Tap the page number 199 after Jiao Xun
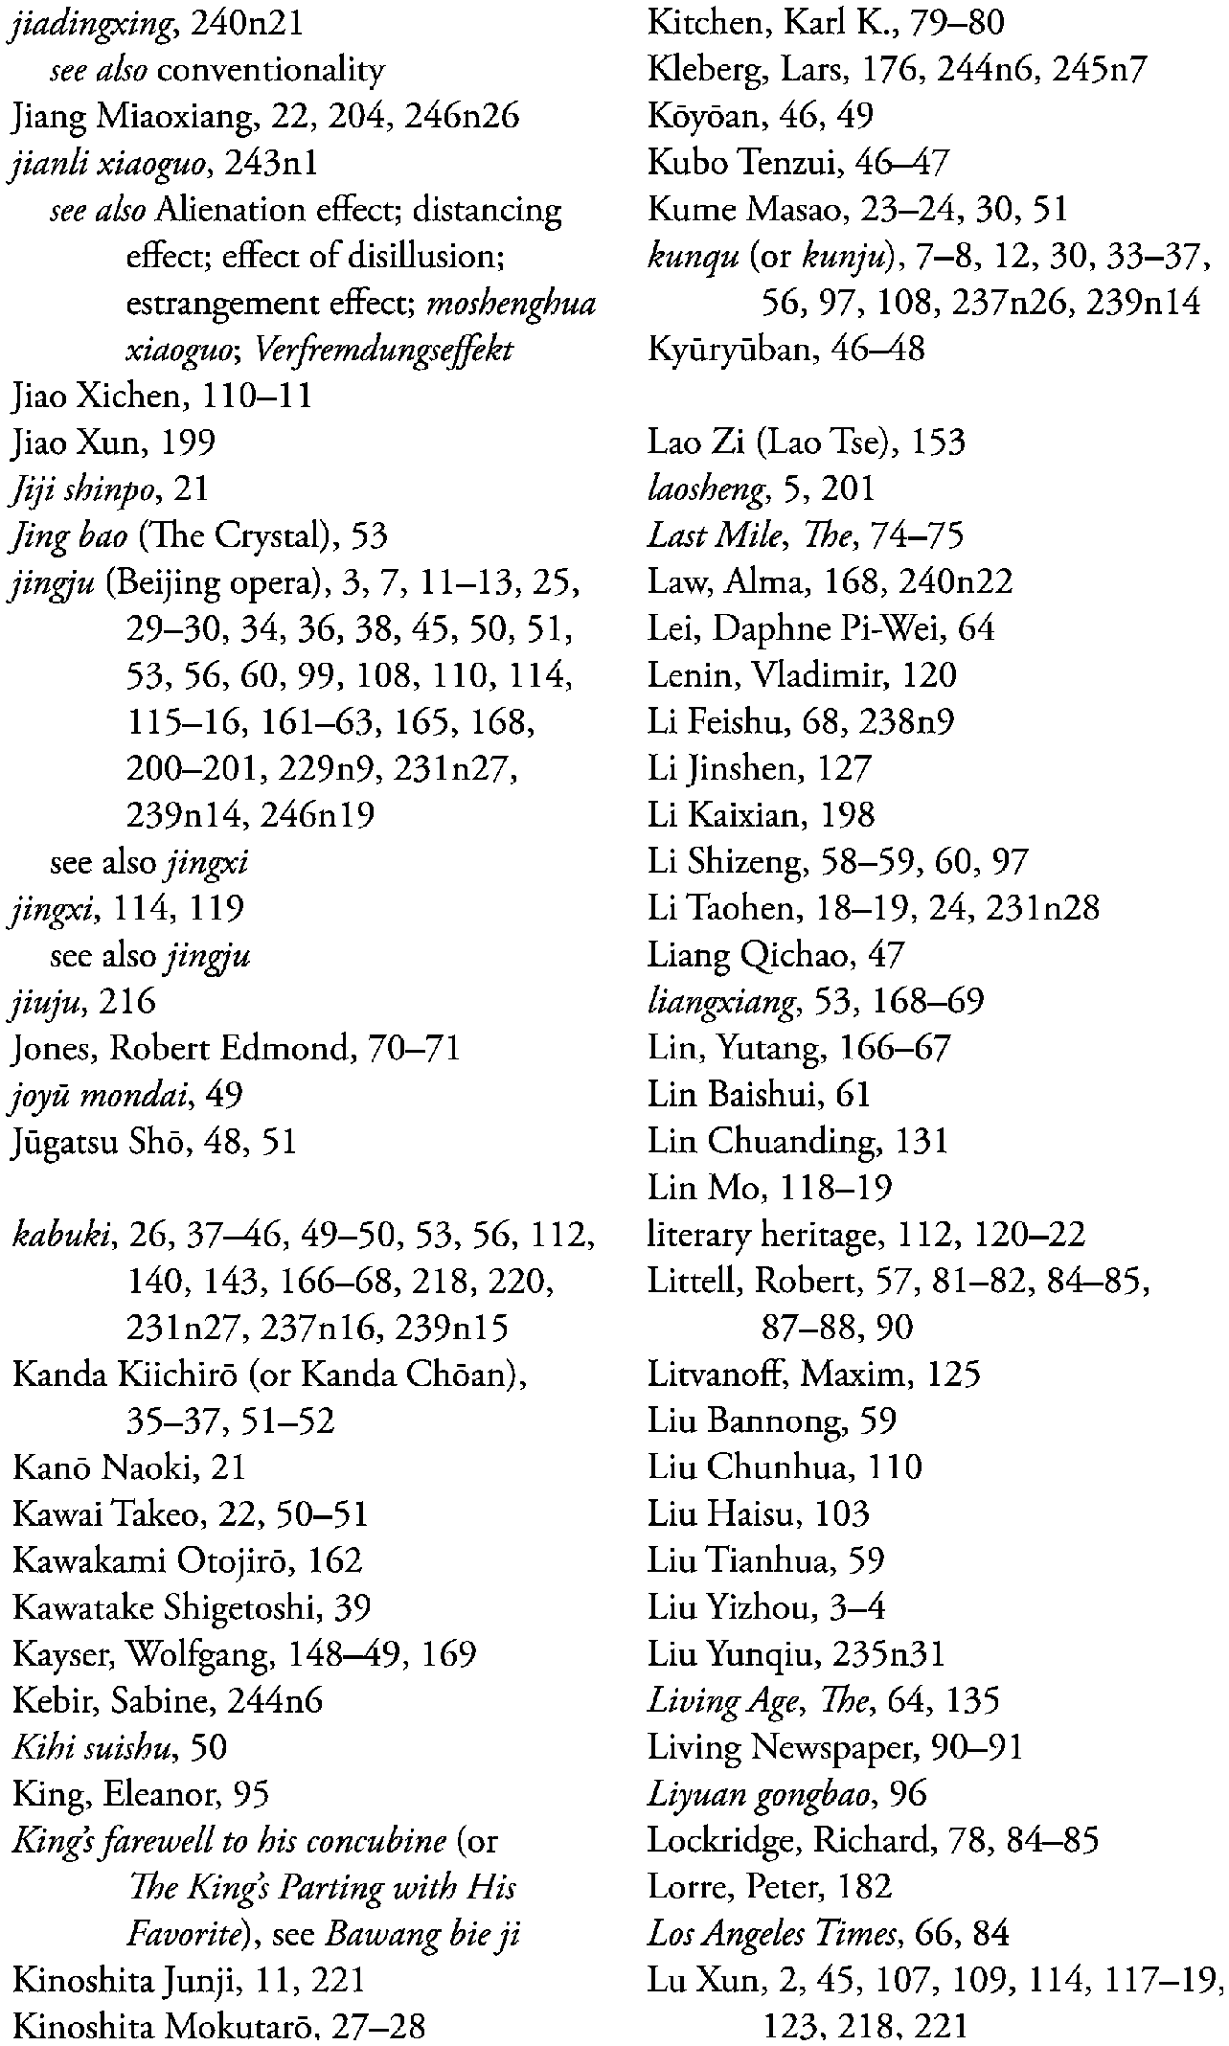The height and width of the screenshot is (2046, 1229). (188, 443)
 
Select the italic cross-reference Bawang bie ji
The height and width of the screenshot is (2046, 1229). (421, 1935)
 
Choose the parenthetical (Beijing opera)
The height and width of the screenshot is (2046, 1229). (224, 582)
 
